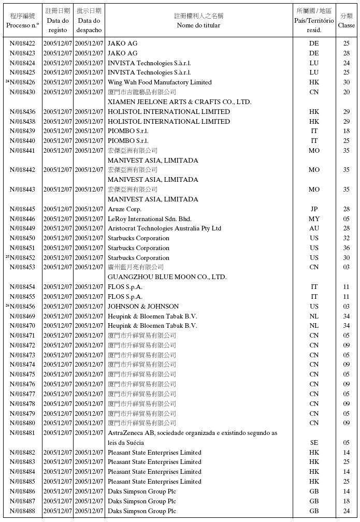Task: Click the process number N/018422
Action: coord(22,44)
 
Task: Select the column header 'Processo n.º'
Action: coord(22,25)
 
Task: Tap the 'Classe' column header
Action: coord(346,25)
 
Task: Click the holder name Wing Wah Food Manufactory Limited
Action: coord(160,82)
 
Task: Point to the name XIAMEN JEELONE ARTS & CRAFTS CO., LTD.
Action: coord(179,102)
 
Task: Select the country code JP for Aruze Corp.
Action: coord(314,209)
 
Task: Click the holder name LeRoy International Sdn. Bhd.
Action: coord(149,219)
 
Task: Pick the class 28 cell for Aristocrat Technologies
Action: coord(346,228)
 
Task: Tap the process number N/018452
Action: coord(22,258)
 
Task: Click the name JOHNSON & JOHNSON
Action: coord(143,307)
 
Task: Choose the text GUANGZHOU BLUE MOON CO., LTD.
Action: coord(167,277)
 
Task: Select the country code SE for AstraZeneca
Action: coord(314,443)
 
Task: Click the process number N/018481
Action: coord(22,433)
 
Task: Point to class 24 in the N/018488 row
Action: coord(346,511)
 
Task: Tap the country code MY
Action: coord(314,219)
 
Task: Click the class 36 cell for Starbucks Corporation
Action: coord(346,248)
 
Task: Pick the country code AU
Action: coord(314,228)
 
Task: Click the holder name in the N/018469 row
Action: coord(152,316)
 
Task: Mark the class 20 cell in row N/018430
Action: coord(346,92)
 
